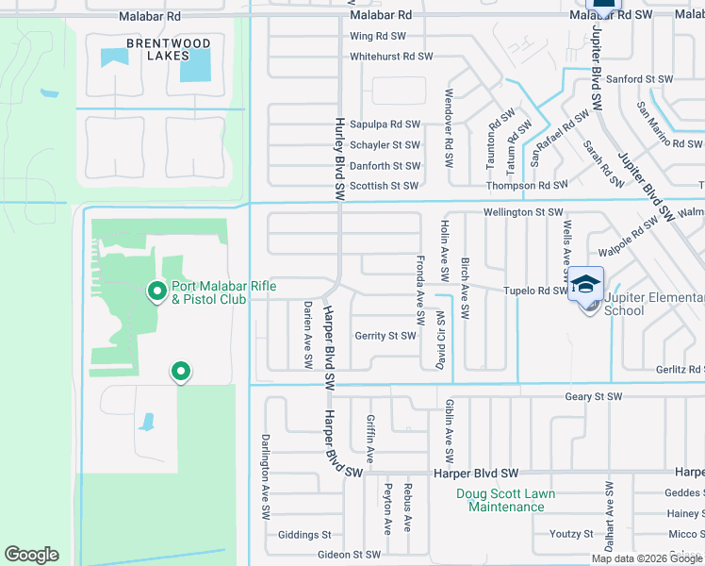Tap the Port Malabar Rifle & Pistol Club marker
click(x=157, y=291)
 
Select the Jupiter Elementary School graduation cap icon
click(x=584, y=282)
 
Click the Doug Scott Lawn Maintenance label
click(x=506, y=500)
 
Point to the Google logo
click(x=31, y=555)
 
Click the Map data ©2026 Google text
click(x=647, y=558)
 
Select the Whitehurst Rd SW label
click(x=391, y=57)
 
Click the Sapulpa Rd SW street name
click(x=385, y=125)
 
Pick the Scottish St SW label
click(x=384, y=186)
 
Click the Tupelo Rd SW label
click(x=534, y=291)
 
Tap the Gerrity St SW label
click(x=385, y=336)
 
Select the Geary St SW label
click(x=594, y=397)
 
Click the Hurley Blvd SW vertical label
click(x=339, y=158)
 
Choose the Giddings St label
click(x=304, y=535)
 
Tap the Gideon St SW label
click(x=349, y=555)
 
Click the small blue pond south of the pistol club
click(x=146, y=421)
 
